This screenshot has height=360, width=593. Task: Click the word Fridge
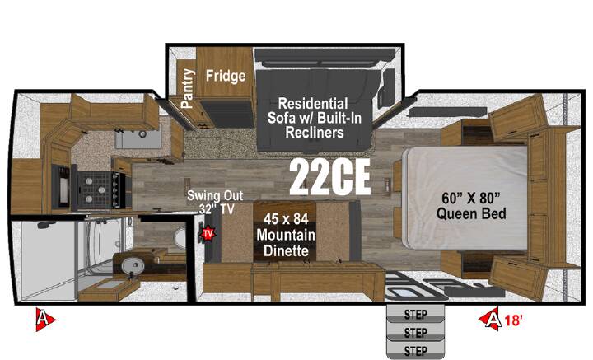coord(226,76)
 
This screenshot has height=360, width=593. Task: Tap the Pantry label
coord(187,88)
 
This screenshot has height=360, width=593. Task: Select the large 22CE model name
coord(329,177)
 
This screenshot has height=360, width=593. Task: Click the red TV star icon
coord(208,234)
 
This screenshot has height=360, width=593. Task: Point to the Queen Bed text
coord(471,213)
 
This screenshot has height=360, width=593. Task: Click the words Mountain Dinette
coord(286,243)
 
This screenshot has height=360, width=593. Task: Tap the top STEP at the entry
coord(415,314)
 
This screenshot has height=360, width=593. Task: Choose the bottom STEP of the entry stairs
coord(415,351)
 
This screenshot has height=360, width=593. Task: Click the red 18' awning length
coord(513,320)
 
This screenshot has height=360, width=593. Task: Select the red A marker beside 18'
coord(491,319)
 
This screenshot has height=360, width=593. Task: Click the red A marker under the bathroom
coord(44,320)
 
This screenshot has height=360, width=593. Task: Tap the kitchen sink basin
coord(138,135)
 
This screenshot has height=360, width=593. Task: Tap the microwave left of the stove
coord(62,187)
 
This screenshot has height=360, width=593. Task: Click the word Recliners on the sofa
coord(315,133)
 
